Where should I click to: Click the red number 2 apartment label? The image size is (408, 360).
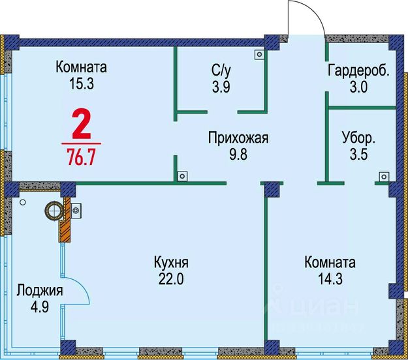(x=81, y=125)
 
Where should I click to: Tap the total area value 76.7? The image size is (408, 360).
(x=82, y=157)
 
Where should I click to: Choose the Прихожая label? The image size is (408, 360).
(x=238, y=138)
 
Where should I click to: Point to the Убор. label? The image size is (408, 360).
(x=358, y=138)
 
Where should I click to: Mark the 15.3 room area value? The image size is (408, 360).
(x=82, y=83)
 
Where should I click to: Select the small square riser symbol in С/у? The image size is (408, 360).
(x=259, y=55)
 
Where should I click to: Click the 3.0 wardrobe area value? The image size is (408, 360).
(x=358, y=86)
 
